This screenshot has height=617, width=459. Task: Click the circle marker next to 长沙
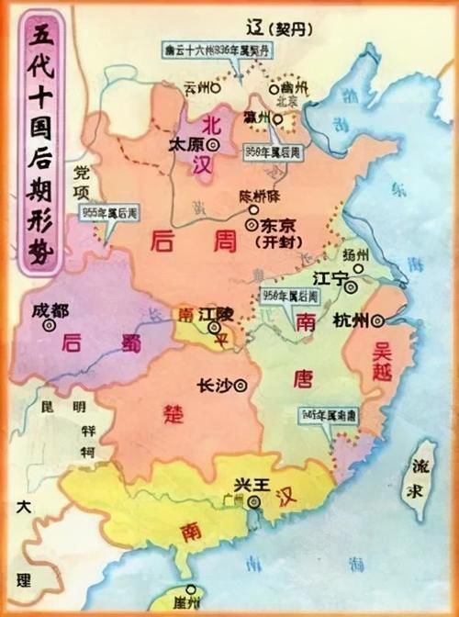tap(241, 386)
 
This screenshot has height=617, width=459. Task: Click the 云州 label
tap(196, 87)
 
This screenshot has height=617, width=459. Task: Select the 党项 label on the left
tap(84, 183)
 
